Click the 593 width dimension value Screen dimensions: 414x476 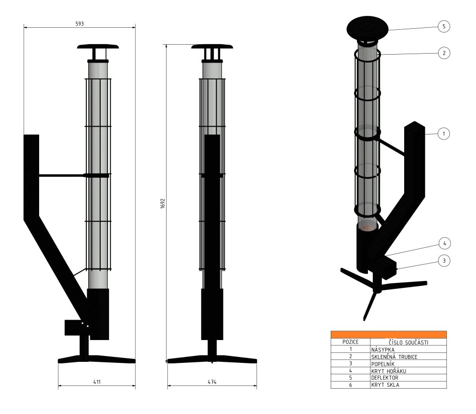[x=79, y=23]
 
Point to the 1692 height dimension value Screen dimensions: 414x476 [x=162, y=204]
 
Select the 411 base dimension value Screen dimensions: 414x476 [x=97, y=382]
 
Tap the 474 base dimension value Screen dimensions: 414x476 [x=211, y=382]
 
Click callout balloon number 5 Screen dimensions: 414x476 [x=444, y=27]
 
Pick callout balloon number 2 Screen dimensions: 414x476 [x=444, y=53]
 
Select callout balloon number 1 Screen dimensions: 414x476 [x=444, y=133]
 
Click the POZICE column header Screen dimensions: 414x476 [x=350, y=342]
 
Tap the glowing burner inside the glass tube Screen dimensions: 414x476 [x=367, y=226]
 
